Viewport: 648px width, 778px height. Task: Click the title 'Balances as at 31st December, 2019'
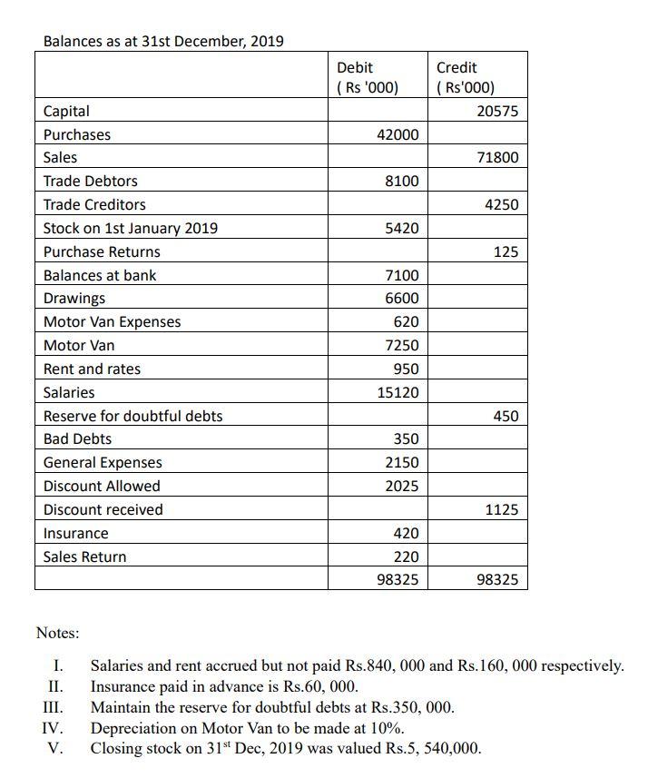[x=163, y=41]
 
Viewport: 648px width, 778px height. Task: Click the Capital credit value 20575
[x=497, y=111]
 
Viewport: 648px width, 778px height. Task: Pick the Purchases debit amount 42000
[x=398, y=134]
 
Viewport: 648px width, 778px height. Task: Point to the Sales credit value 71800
[x=497, y=158]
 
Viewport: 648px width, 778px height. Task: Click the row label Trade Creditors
[x=94, y=204]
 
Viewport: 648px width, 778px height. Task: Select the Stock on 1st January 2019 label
[x=130, y=228]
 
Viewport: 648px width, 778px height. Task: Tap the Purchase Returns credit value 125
[x=506, y=251]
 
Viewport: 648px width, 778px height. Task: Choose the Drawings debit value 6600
[x=402, y=299]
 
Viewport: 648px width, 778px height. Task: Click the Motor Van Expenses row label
[x=112, y=321]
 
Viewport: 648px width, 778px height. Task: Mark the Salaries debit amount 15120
[x=398, y=392]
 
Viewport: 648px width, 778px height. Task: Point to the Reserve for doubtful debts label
[x=133, y=416]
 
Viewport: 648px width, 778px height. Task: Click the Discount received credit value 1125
[x=501, y=509]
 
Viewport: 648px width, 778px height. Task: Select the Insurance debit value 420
[x=406, y=533]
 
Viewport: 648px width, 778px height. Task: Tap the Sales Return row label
[x=84, y=556]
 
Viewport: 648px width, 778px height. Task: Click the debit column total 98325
[x=398, y=578]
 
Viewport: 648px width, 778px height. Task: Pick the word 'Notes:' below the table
[x=57, y=632]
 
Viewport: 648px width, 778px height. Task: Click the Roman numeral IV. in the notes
[x=52, y=728]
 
